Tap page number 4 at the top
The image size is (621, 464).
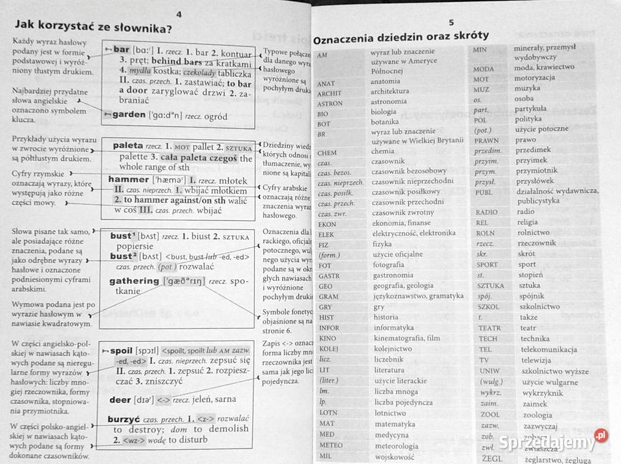click(179, 14)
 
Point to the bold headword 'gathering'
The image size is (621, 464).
click(134, 281)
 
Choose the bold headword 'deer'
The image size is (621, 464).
click(120, 399)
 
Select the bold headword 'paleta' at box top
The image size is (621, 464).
click(128, 146)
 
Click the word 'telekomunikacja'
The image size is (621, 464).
click(546, 349)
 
